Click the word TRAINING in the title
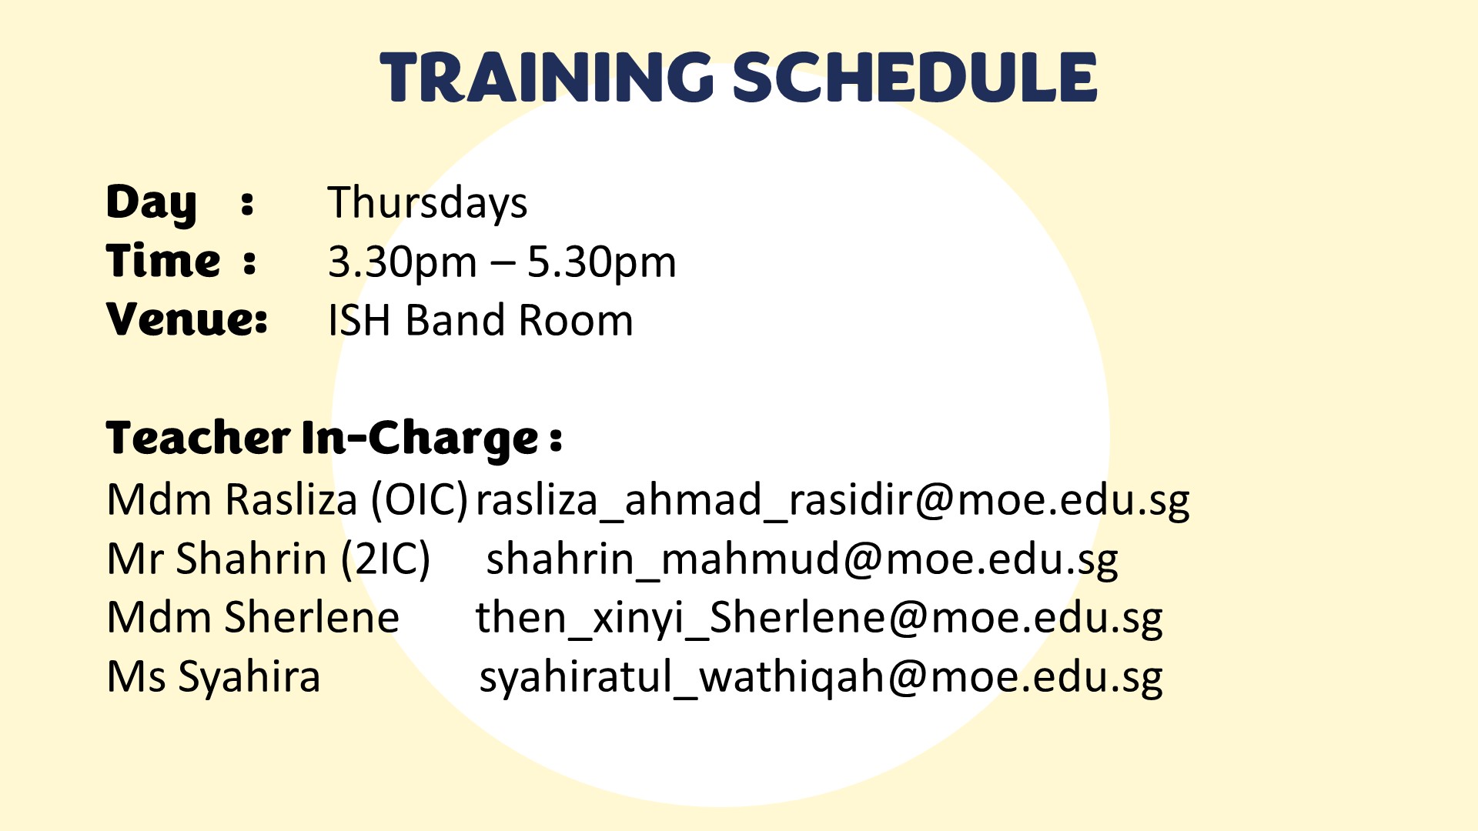point(547,77)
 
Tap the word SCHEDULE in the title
point(915,77)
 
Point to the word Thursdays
point(427,203)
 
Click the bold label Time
point(163,261)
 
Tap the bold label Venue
point(186,319)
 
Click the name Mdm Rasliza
point(232,499)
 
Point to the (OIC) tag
point(420,500)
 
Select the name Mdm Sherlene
point(253,617)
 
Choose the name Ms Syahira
point(213,678)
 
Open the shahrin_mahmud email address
point(802,560)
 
